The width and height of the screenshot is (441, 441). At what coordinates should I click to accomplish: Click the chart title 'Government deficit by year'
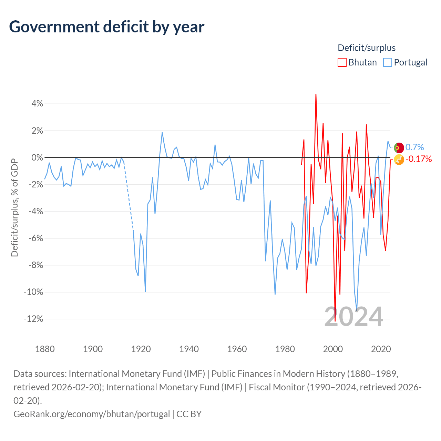click(x=106, y=27)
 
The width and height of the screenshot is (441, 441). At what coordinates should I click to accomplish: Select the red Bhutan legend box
click(x=342, y=62)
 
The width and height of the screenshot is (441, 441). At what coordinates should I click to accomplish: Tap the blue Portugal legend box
click(x=388, y=62)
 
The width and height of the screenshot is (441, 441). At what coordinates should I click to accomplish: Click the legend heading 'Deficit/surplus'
click(x=366, y=48)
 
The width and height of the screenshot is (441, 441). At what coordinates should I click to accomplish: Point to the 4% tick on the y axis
click(x=37, y=103)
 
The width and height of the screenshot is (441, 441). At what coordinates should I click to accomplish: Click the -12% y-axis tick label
click(x=33, y=319)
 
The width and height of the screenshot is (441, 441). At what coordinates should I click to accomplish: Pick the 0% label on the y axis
click(x=37, y=157)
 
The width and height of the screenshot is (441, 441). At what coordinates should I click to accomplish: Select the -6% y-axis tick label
click(x=35, y=238)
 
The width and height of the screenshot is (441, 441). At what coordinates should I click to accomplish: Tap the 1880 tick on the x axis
click(x=45, y=349)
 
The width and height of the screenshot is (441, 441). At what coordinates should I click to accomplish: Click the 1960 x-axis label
click(x=237, y=349)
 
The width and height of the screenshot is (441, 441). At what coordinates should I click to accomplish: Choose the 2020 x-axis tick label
click(x=381, y=349)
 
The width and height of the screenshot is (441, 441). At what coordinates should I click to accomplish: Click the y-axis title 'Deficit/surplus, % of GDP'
click(x=15, y=207)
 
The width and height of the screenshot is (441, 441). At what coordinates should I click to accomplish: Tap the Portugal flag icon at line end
click(x=399, y=147)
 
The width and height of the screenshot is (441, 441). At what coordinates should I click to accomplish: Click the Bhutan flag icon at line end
click(x=399, y=160)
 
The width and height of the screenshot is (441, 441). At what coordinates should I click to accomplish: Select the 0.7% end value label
click(x=414, y=147)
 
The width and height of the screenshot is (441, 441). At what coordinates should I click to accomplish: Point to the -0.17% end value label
click(x=419, y=159)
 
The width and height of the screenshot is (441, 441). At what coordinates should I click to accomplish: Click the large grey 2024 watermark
click(x=353, y=317)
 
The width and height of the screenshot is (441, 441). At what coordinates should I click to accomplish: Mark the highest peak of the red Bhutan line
click(x=316, y=94)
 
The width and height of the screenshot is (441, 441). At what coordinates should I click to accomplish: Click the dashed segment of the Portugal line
click(x=129, y=197)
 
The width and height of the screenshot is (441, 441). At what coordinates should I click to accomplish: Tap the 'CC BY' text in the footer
click(x=189, y=414)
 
